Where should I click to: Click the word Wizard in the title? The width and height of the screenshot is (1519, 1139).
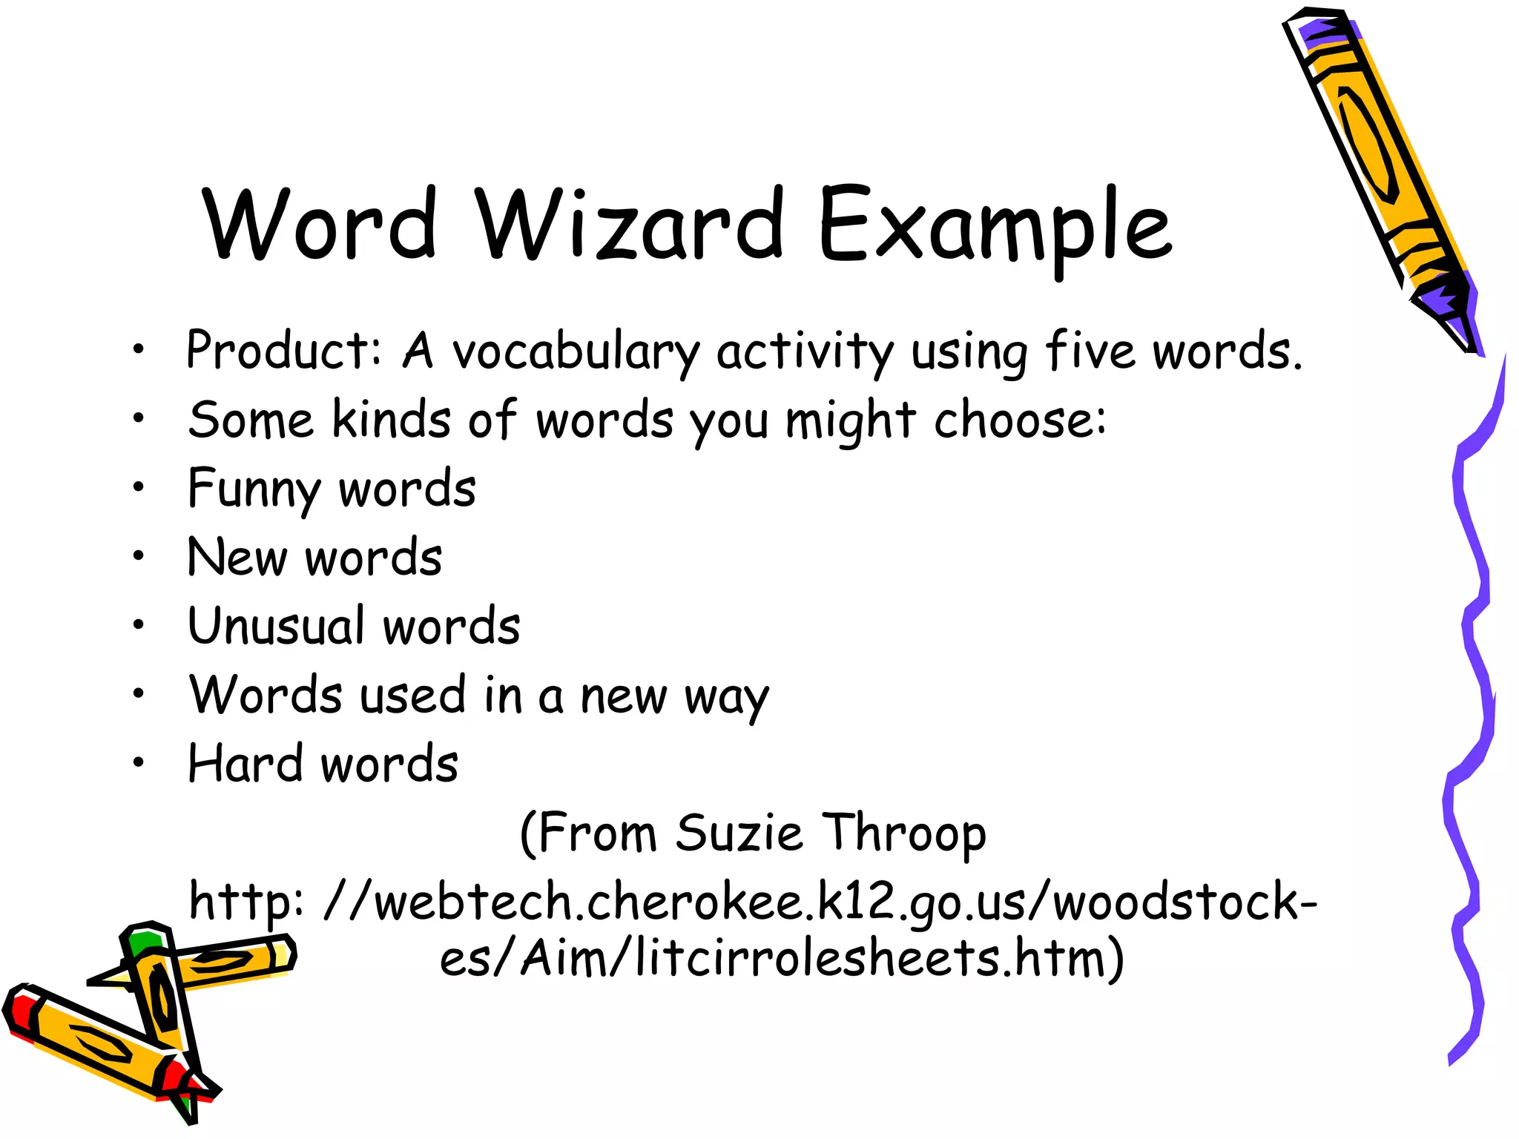[x=629, y=224]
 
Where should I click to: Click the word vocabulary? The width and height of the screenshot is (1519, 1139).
[x=576, y=352]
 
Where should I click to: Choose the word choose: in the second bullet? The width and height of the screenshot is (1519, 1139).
[x=1020, y=420]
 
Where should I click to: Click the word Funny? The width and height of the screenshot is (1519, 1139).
[x=253, y=490]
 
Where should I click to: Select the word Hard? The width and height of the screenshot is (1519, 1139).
[x=246, y=764]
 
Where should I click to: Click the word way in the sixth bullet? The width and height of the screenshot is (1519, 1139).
[x=727, y=698]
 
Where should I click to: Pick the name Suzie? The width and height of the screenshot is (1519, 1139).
[x=739, y=833]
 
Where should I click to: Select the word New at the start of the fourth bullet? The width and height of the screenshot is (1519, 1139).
[x=237, y=558]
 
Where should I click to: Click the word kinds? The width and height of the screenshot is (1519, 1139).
[x=390, y=420]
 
